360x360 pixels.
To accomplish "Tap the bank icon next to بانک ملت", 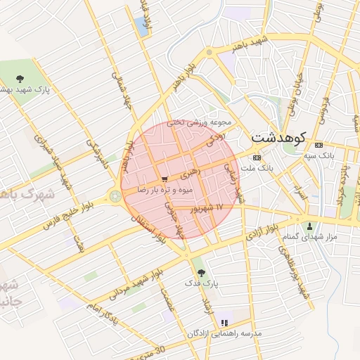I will tap(256, 157).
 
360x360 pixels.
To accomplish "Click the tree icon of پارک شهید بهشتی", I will tap(18, 79).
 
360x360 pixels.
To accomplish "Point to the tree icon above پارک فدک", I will tap(202, 272).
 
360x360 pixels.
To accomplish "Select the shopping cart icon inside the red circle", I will tap(164, 179).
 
